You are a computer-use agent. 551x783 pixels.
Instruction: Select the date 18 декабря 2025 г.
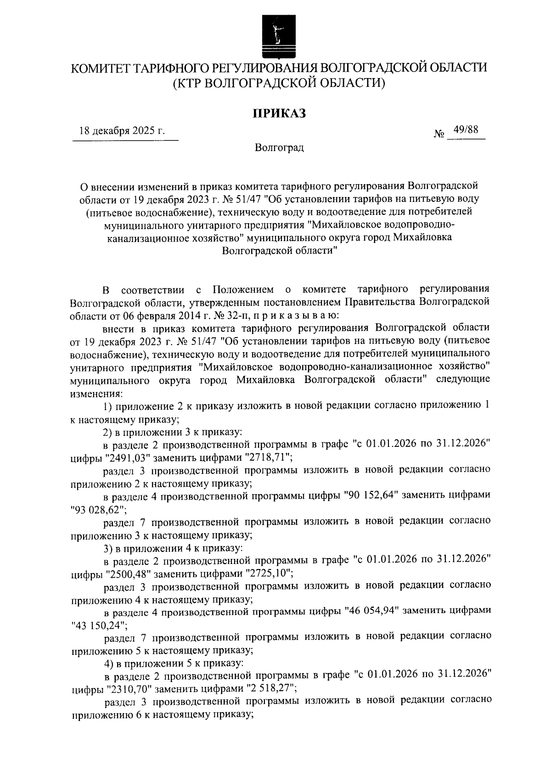tap(122, 131)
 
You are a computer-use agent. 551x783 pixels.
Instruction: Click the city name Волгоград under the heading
tap(280, 148)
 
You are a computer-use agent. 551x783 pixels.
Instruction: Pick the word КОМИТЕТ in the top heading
tap(100, 68)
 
